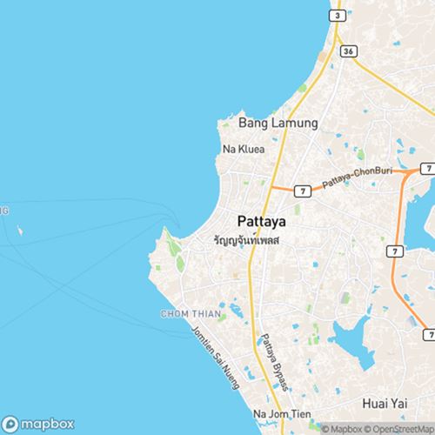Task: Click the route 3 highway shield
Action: click(336, 17)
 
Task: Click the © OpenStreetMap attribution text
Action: click(401, 429)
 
